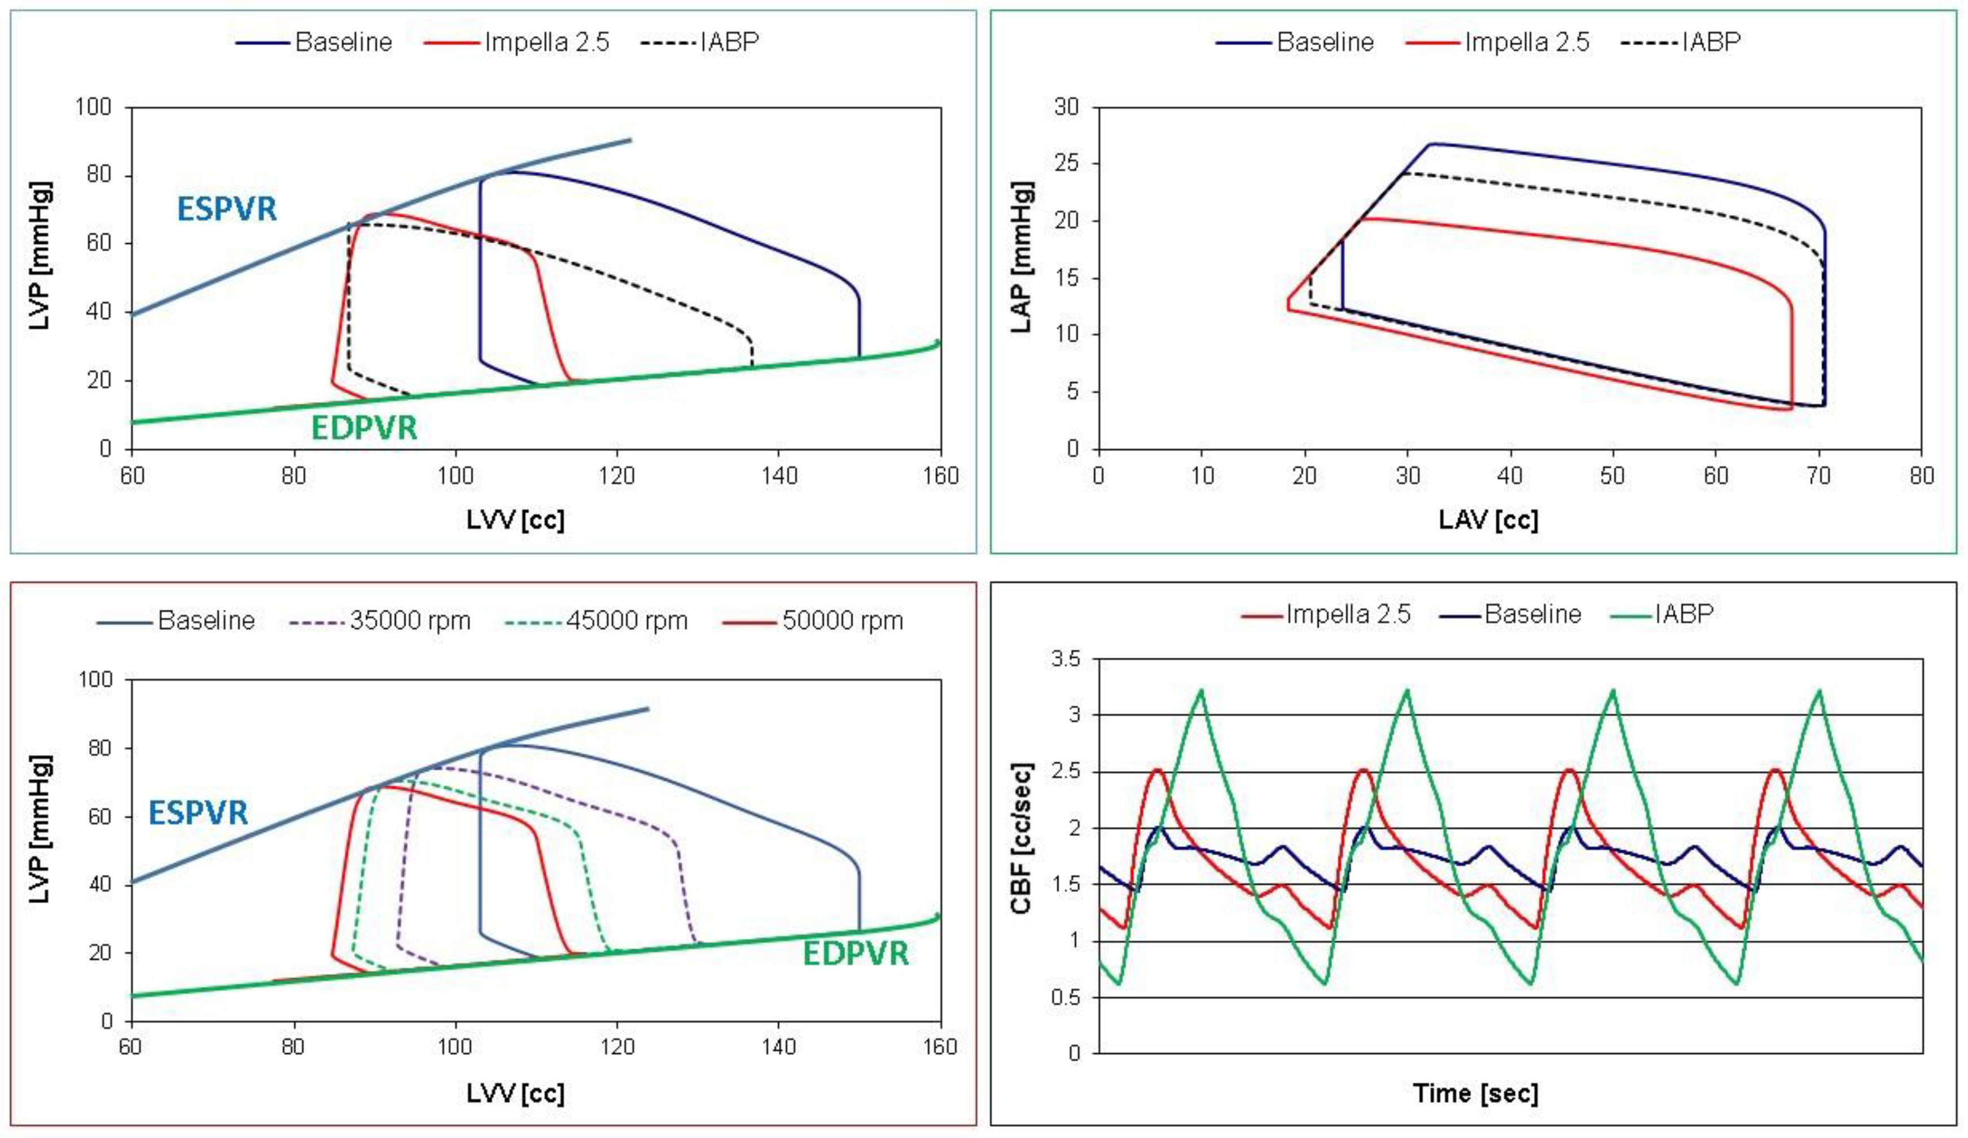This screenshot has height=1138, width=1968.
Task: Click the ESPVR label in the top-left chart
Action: pyautogui.click(x=226, y=209)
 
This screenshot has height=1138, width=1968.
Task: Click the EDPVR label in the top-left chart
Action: pyautogui.click(x=364, y=428)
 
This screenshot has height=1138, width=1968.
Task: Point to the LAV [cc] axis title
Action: pyautogui.click(x=1488, y=519)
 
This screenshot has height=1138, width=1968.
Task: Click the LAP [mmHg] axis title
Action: pyautogui.click(x=1022, y=258)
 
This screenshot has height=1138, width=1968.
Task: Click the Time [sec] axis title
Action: pyautogui.click(x=1475, y=1093)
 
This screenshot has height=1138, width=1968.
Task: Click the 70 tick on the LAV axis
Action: pyautogui.click(x=1819, y=476)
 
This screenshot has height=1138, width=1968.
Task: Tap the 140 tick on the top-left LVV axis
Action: pyautogui.click(x=779, y=476)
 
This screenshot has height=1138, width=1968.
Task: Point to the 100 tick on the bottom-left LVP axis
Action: pyautogui.click(x=96, y=680)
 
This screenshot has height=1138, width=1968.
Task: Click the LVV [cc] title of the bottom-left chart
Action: pyautogui.click(x=515, y=1093)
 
